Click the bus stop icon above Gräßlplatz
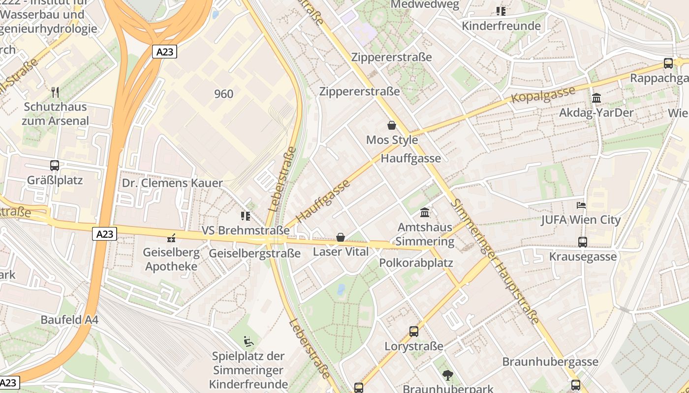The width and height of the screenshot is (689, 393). pos(55,166)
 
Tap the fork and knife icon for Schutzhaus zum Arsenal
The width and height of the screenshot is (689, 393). pos(55,92)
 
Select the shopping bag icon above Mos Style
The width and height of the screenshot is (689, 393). pos(392,125)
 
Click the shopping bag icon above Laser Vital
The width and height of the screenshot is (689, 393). pos(340,237)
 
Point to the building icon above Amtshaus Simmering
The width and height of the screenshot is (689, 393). pos(425,213)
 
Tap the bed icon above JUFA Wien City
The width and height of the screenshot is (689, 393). pos(581,205)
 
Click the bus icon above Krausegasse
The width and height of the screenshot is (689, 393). pos(583,242)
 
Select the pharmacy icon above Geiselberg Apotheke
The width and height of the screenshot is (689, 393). pos(171,238)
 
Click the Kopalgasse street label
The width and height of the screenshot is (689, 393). pos(543,95)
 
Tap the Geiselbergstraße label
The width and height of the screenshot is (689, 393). pos(254,253)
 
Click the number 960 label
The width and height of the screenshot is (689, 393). pos(224,94)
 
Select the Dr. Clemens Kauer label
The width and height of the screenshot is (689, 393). pos(172,183)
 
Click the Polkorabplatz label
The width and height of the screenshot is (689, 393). pos(416,263)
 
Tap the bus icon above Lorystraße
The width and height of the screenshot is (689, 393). pos(414,332)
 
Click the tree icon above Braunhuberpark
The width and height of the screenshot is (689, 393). pos(447,375)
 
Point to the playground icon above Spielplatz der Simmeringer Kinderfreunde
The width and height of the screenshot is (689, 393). pos(249,341)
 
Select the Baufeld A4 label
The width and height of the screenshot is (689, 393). pos(69,320)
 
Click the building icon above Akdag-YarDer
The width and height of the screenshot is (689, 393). pos(596,98)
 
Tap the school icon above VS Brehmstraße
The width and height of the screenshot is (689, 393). pos(246,216)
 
